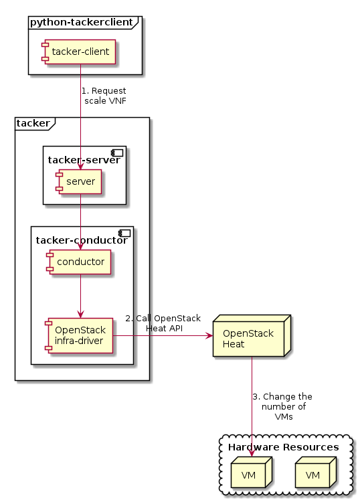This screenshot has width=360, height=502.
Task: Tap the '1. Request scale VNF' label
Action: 104,96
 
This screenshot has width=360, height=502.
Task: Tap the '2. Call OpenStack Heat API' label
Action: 163,323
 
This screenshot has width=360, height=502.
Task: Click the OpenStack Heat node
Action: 248,338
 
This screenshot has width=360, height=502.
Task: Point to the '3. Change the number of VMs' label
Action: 282,406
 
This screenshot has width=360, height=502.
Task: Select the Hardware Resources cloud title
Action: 283,447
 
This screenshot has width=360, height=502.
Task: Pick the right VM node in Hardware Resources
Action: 312,475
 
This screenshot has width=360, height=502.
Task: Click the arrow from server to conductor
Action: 80,221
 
